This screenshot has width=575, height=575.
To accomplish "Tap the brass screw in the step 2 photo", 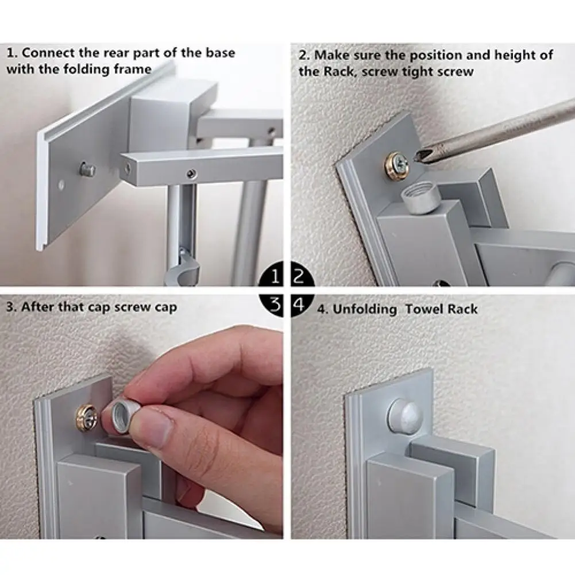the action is (x=397, y=166).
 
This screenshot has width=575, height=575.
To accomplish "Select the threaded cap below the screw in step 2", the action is (x=420, y=198).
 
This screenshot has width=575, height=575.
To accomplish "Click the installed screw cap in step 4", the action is (x=405, y=414).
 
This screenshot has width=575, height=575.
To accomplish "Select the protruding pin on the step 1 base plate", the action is (x=87, y=169).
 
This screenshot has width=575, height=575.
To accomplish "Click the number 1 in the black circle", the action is (x=275, y=277).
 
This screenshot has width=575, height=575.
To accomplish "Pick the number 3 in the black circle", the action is (x=275, y=304).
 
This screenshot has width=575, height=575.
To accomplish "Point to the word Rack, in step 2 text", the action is (x=339, y=71).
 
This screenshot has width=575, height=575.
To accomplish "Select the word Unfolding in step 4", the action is (x=365, y=310).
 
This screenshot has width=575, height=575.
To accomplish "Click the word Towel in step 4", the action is (x=423, y=309).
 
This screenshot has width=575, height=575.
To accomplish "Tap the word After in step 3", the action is (x=37, y=307).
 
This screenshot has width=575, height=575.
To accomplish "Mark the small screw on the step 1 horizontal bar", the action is (x=191, y=174).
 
